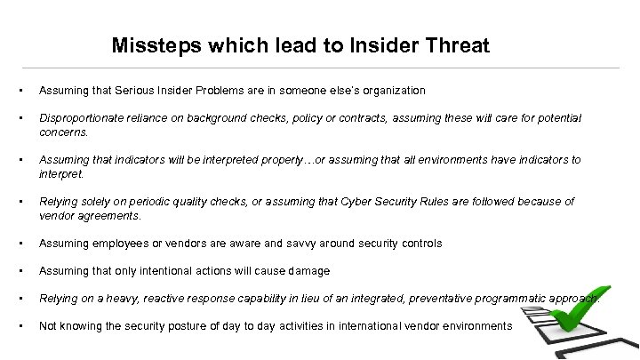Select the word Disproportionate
coord(83,118)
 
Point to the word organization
coord(392,91)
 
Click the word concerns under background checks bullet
coord(63,132)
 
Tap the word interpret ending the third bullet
coord(60,174)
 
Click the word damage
coord(308,271)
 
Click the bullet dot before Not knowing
coord(18,326)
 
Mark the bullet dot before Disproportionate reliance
coord(18,118)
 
